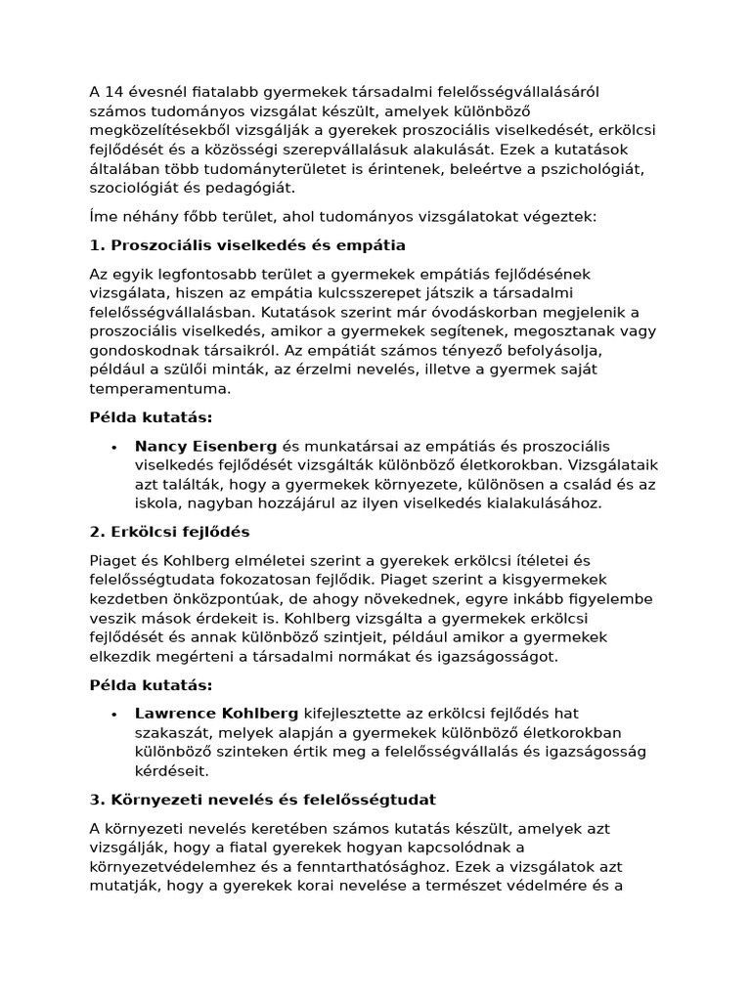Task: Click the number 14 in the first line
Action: pos(112,93)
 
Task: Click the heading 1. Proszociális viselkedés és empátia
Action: pos(246,244)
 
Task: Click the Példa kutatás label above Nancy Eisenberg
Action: pos(151,417)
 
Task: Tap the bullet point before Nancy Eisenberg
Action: pos(114,447)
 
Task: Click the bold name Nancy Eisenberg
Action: pos(205,446)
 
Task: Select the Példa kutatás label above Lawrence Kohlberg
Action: pos(151,685)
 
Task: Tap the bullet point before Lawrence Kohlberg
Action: pos(114,715)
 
